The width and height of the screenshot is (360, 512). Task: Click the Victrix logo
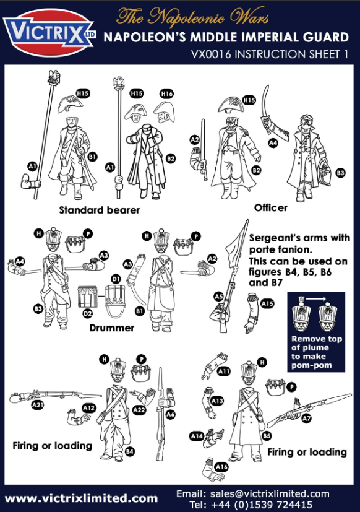(49, 33)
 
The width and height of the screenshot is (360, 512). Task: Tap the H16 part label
(166, 94)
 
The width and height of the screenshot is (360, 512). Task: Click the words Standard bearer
(99, 210)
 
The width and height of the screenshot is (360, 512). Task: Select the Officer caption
(271, 207)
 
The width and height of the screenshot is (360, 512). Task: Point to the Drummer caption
(111, 328)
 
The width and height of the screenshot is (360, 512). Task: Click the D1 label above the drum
(116, 279)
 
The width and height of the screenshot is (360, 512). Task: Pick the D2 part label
(87, 314)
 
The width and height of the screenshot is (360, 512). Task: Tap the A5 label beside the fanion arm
(219, 297)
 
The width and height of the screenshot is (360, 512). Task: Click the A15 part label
(267, 304)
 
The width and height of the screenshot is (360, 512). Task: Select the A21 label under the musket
(38, 406)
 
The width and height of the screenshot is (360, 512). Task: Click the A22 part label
(139, 409)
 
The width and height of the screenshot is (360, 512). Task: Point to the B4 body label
(129, 452)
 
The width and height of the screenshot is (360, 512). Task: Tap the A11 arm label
(224, 371)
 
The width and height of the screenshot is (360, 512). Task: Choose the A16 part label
(221, 467)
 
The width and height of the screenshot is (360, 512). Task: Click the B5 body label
(267, 436)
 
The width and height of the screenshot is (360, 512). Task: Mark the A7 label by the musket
(306, 419)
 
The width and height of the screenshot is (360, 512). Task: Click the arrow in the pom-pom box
(315, 299)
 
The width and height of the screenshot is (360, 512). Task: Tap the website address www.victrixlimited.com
(81, 498)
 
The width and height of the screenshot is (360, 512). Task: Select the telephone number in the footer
(262, 505)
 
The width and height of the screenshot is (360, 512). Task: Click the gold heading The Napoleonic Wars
(192, 16)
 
